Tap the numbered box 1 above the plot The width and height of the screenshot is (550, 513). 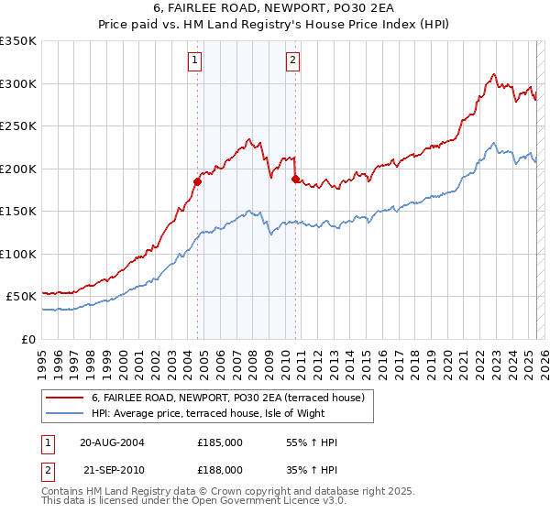click(x=196, y=61)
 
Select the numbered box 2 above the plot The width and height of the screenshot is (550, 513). click(x=292, y=61)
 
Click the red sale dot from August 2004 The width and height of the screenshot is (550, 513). click(x=197, y=181)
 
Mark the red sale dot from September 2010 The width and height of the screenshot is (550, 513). click(x=295, y=179)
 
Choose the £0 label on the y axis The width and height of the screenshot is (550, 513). click(x=28, y=339)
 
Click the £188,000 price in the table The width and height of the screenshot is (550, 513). click(x=220, y=469)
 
